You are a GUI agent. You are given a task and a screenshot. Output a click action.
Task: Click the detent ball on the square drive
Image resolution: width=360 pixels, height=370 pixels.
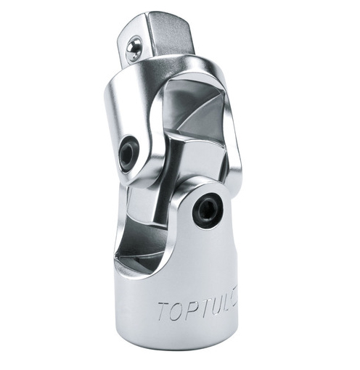point(131,49)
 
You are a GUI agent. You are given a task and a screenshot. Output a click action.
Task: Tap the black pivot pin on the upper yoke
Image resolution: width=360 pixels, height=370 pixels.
point(128,154)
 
